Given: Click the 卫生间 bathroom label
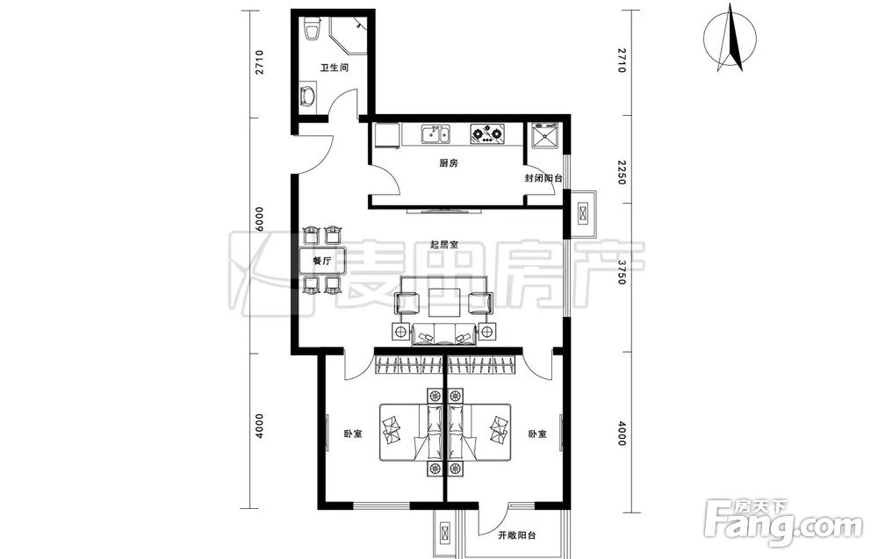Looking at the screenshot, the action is click(335, 68).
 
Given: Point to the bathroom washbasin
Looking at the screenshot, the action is click(307, 97).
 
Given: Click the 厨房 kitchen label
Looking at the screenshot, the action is click(449, 163).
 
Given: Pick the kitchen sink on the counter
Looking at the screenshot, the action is click(435, 135).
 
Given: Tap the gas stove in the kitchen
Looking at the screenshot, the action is click(486, 133).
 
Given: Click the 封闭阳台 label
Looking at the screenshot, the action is click(543, 178).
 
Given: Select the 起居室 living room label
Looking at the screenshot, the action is click(444, 245).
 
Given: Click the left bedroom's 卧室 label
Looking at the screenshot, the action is click(353, 434).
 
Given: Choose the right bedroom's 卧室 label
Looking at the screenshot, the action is click(537, 434).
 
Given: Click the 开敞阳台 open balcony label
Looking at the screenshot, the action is click(517, 535).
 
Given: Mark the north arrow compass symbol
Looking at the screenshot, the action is click(730, 38).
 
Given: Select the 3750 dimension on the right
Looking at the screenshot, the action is click(621, 273).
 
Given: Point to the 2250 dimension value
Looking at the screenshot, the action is click(621, 173).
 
